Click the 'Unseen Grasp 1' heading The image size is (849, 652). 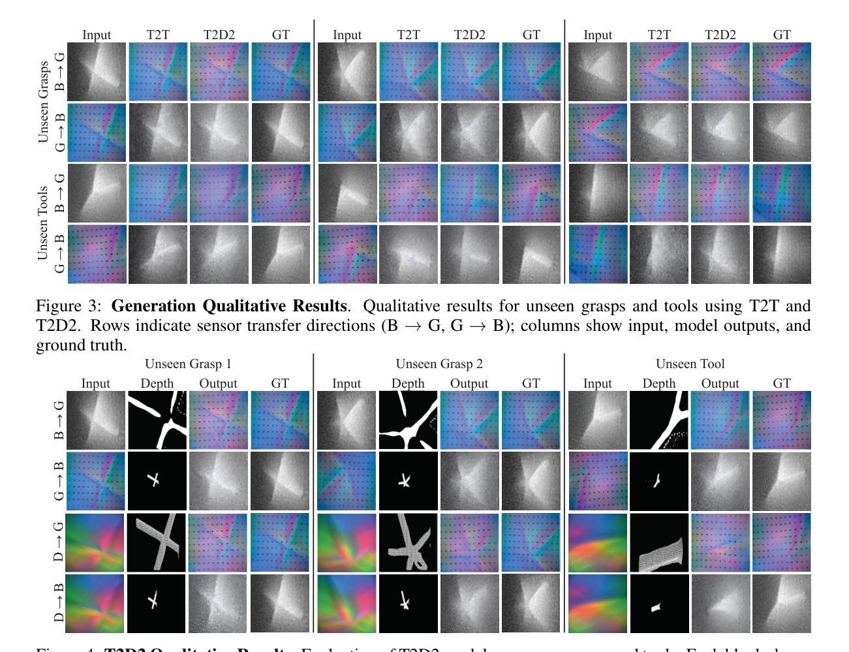tap(188, 364)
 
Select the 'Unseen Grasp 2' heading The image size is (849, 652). tap(439, 364)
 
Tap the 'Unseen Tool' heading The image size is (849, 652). tap(690, 364)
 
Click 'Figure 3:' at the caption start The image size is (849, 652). tap(69, 306)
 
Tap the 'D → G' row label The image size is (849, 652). tap(59, 542)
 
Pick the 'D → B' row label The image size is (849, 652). tap(59, 604)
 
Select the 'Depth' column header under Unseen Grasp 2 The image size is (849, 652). tap(408, 383)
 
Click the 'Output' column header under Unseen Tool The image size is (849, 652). tap(720, 383)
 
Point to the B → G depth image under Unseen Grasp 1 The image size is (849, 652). tap(157, 420)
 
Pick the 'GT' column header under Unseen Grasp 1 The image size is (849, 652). tap(280, 383)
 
